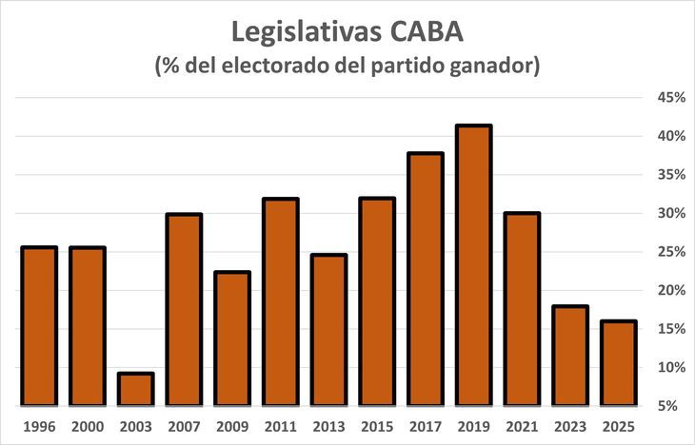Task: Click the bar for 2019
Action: pos(473,264)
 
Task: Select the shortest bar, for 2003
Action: pos(136,389)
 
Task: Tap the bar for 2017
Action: pos(425,279)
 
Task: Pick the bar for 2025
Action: pos(618,362)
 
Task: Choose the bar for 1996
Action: pos(39,325)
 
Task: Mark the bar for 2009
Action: pos(232,338)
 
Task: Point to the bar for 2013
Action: pos(328,329)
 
